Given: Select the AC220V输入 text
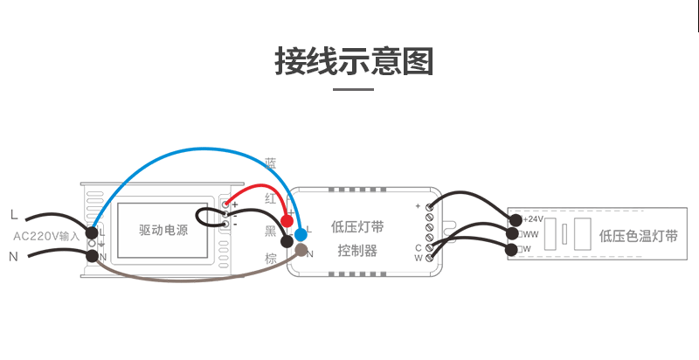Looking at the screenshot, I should [46, 235].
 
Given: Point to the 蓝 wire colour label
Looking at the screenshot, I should [271, 163].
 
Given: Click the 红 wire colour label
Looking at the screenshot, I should [271, 199].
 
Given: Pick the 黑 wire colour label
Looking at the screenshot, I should [271, 231].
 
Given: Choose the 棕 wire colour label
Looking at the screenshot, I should [271, 259].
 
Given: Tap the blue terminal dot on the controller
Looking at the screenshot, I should [301, 234].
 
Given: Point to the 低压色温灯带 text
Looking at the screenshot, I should [639, 236].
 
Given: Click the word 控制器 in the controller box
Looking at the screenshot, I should [357, 252].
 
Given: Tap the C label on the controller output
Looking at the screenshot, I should [419, 247].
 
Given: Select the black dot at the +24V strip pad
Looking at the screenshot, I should [516, 219].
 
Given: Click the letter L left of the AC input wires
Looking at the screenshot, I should [13, 214].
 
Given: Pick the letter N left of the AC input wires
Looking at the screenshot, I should [13, 256].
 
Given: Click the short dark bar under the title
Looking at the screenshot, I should [354, 88].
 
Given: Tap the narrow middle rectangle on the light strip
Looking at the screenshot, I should [565, 235].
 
